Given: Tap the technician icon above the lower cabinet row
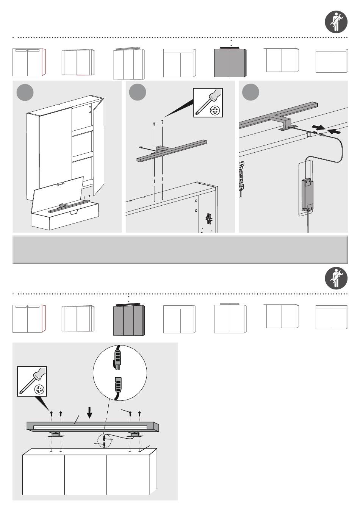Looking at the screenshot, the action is (x=337, y=278).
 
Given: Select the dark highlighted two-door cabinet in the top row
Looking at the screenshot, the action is (x=230, y=63).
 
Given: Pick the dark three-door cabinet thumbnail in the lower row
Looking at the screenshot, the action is (x=128, y=320).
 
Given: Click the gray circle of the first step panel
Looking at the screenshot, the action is (x=25, y=92).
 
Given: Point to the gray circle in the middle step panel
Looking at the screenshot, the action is (x=138, y=92).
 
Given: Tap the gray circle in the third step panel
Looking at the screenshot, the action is (x=250, y=92).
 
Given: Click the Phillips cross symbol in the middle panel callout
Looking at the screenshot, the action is (x=215, y=111).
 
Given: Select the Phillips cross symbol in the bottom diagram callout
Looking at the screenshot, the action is (x=39, y=389).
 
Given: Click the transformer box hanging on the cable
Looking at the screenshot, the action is (x=307, y=195).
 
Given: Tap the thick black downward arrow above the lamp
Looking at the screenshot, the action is (x=89, y=413).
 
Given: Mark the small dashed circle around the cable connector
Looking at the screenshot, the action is (x=105, y=441).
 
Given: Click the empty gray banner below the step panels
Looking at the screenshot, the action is (x=180, y=250).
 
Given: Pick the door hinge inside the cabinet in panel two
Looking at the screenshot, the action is (x=208, y=218).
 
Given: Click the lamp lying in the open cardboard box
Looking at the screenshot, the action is (x=68, y=206).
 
